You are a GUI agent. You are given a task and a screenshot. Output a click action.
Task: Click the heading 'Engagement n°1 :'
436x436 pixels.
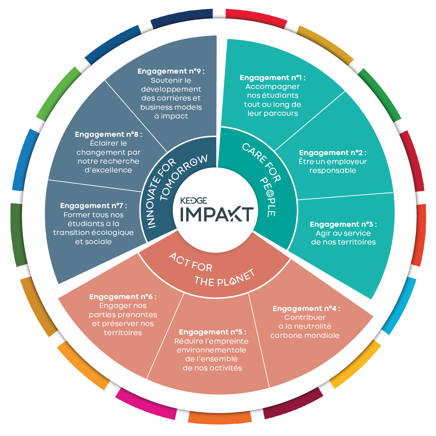(272, 78)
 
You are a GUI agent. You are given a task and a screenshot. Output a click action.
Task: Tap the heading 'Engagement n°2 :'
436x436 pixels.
(332, 153)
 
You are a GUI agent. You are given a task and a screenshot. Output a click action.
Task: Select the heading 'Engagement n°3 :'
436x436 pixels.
(343, 224)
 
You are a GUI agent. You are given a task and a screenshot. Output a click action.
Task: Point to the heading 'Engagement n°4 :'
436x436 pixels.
(306, 309)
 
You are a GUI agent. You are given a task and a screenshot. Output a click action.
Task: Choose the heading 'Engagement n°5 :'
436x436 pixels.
(213, 332)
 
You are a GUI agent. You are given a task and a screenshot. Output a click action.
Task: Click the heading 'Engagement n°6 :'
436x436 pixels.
(123, 297)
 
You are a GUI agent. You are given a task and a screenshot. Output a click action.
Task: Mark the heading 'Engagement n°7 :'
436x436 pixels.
(93, 206)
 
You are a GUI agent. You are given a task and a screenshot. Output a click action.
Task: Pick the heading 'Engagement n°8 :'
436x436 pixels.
(109, 134)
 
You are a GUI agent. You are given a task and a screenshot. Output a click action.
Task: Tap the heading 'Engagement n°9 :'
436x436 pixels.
(171, 71)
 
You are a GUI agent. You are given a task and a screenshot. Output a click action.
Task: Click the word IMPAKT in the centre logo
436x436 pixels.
(217, 214)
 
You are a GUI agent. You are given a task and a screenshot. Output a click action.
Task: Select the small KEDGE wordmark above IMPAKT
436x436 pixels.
(194, 201)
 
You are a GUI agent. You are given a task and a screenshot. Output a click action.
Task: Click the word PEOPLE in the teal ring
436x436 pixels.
(269, 197)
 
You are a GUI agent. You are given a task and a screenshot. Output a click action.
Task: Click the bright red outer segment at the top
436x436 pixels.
(256, 18)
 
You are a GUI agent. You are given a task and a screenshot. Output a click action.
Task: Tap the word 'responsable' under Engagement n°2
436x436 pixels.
(332, 170)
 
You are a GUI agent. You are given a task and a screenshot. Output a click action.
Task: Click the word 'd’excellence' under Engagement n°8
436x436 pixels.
(108, 170)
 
